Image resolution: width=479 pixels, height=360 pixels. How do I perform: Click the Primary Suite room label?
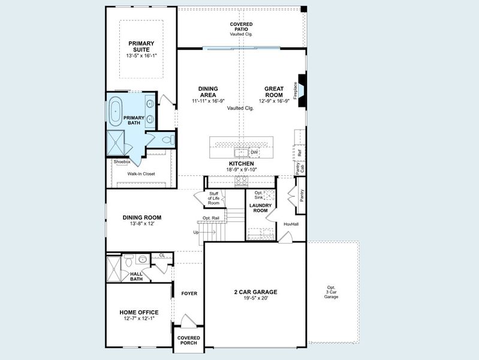(x=141, y=46)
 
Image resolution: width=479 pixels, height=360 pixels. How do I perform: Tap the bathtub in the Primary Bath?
(x=115, y=113)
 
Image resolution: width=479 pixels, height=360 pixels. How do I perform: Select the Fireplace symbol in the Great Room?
(x=303, y=90)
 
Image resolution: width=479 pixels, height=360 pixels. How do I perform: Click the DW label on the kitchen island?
(x=254, y=152)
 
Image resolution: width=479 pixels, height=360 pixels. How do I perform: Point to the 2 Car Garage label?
(x=255, y=292)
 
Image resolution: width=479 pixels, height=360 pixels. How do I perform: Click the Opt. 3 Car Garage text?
(x=332, y=292)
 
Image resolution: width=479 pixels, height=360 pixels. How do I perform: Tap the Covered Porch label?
(x=189, y=341)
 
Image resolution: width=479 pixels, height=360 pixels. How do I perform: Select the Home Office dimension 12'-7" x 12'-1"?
(x=139, y=319)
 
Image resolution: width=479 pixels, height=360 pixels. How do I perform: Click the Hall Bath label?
(x=136, y=276)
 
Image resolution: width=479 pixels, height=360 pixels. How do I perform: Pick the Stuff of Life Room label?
(x=213, y=199)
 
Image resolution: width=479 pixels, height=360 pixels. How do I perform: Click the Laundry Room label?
(x=260, y=208)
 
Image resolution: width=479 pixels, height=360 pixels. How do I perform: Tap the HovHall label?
(x=291, y=224)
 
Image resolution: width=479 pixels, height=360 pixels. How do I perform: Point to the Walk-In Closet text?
(x=141, y=174)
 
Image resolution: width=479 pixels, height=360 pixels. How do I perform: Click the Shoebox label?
(x=122, y=162)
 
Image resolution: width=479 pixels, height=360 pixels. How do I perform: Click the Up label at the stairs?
(x=195, y=232)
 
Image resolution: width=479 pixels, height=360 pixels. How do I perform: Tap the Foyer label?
(x=189, y=293)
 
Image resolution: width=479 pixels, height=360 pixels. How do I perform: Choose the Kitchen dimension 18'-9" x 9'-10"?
(x=241, y=170)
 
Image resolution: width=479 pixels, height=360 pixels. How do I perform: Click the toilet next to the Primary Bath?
(x=167, y=140)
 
